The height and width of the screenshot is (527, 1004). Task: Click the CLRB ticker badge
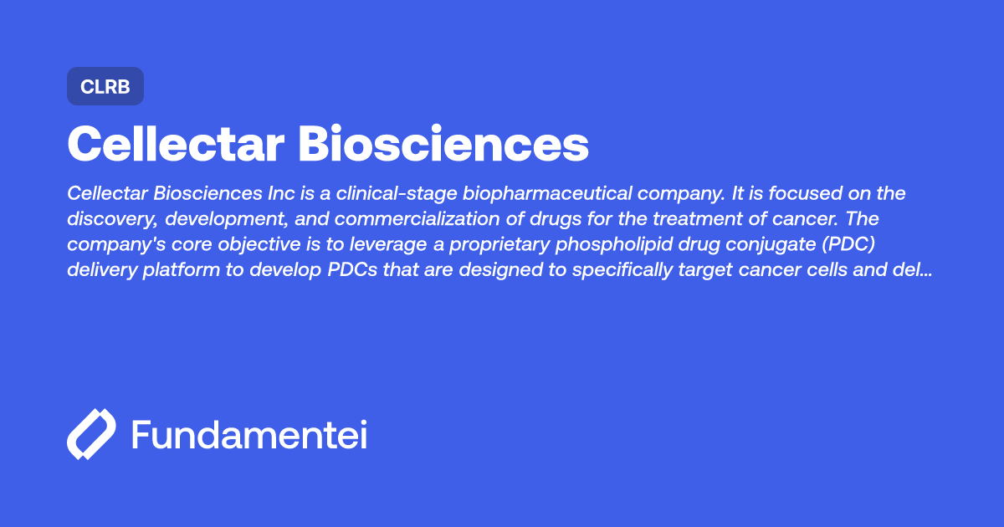coord(105,87)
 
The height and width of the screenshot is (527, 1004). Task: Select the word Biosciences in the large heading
coord(443,144)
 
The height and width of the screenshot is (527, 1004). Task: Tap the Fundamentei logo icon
coord(91,434)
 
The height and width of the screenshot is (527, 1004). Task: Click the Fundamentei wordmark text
coord(249,435)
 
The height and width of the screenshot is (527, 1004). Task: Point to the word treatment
coord(664,220)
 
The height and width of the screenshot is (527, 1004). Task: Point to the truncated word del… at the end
coord(914,272)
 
